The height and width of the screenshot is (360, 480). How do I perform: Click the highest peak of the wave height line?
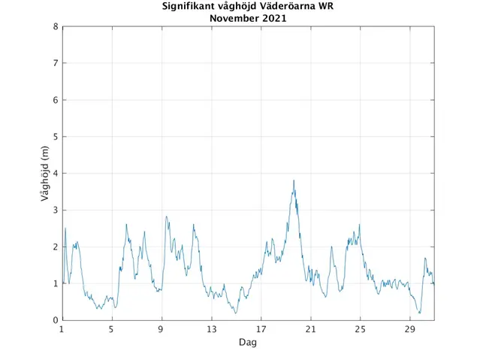(x=294, y=180)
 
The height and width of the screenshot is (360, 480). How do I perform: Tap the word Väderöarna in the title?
(x=287, y=8)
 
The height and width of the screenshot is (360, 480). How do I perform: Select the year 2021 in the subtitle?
(x=274, y=19)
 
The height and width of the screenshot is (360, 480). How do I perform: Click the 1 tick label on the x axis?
(x=62, y=329)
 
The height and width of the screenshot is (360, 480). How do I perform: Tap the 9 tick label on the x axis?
(x=162, y=329)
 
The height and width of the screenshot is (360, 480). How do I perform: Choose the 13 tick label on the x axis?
(x=211, y=329)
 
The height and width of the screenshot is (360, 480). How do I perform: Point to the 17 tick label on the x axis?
(x=261, y=329)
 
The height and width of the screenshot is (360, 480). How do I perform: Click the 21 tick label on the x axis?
(x=310, y=329)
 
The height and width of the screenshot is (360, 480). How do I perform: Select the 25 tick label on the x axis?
(x=360, y=329)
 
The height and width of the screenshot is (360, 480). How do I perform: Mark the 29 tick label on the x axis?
(x=409, y=329)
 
